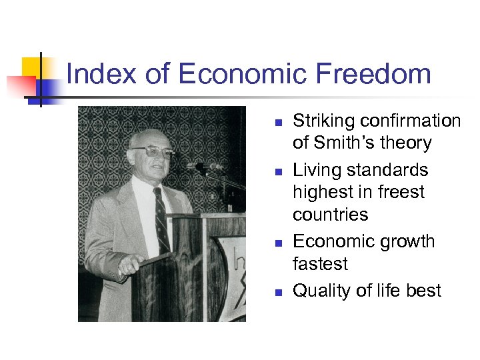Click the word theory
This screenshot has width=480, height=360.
click(409, 143)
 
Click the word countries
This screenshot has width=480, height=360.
click(330, 214)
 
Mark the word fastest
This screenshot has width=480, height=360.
click(320, 263)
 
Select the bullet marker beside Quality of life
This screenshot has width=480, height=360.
click(279, 292)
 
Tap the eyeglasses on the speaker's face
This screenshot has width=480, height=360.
click(152, 152)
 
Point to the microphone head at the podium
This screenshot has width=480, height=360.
click(202, 166)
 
